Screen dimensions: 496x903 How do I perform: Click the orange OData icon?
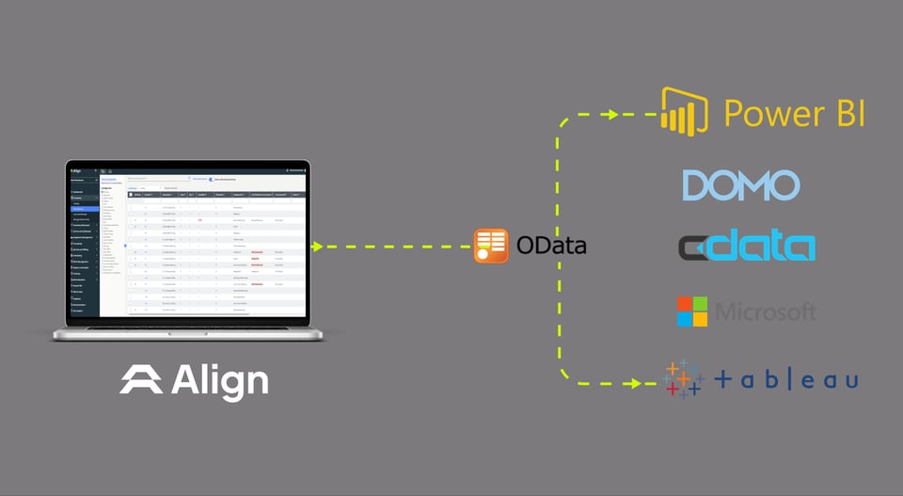point(491,246)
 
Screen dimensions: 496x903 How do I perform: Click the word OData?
point(551,247)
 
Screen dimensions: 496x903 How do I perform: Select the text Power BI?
point(794,113)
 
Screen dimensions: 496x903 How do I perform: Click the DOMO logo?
point(741,185)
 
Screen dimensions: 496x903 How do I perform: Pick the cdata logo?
point(747,247)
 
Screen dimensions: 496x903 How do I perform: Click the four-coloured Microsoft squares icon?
point(691,312)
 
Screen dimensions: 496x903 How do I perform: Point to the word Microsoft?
point(766,312)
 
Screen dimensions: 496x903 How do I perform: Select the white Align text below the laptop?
point(220,381)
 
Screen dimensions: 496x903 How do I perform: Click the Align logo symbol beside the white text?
point(141,380)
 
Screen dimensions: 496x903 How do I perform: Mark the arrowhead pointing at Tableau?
point(648,383)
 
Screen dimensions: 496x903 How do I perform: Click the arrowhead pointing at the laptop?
point(316,247)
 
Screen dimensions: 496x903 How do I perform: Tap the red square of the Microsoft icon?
point(685,304)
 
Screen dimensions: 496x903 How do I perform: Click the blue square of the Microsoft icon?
point(685,319)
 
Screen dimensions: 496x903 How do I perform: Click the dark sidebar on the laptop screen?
point(83,245)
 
